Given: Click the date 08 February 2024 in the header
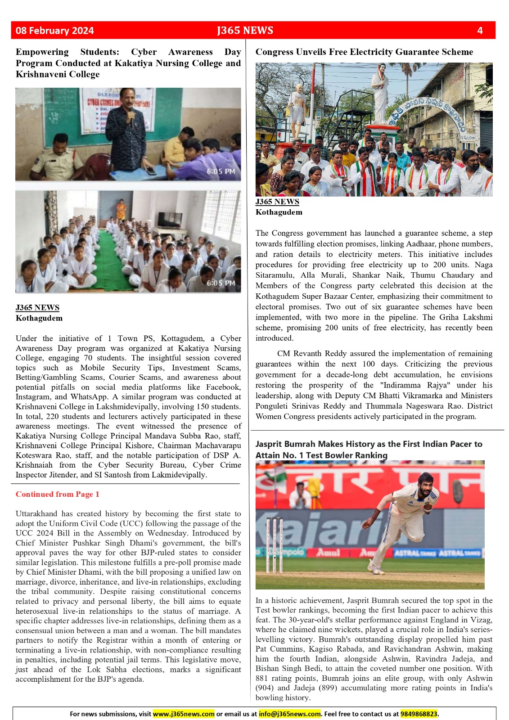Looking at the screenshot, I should point(54,31).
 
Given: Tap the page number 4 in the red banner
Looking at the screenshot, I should point(480,31).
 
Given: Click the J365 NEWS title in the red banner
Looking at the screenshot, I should point(245,31).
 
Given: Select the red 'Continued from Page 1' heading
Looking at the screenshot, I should point(57,494).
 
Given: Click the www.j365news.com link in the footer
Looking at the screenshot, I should point(184,714).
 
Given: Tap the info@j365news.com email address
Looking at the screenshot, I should point(290,714).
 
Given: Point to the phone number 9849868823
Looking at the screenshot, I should point(419,714).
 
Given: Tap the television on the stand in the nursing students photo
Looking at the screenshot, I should point(170,219).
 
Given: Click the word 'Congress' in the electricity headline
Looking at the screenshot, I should point(274,52).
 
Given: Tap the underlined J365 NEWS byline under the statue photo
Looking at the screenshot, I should point(277,202).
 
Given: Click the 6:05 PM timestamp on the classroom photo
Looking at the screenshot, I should point(221,171).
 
